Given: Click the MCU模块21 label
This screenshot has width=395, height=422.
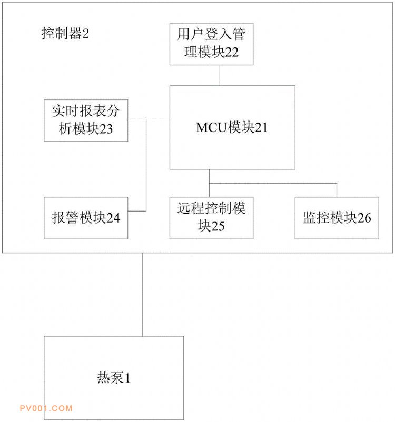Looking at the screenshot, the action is coord(232,127).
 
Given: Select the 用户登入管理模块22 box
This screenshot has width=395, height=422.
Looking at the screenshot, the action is coord(211,44).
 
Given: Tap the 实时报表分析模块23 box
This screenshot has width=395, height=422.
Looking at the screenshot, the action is coord(86,120).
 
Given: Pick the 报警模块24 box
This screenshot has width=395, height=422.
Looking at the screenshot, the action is coord(86,218).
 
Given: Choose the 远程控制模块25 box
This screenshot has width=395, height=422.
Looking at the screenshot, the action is coord(211,218).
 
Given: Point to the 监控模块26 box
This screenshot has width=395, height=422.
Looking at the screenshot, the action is coord(337,218).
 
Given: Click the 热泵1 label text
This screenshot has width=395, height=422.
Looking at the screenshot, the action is coord(114,377).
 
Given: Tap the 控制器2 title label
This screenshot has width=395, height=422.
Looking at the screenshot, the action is coord(65,34).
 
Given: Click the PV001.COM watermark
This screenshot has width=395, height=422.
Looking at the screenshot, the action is coord(46,408).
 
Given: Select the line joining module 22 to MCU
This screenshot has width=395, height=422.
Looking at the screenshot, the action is coord(220,75).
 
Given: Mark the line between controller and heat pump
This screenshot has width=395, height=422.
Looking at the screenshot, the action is coord(142,295).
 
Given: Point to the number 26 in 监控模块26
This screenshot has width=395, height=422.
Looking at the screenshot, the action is coord(364,218).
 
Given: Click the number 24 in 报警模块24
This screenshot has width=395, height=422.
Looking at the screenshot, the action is coord(113,218).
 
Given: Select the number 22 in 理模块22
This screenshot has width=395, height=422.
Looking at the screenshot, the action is coord(232,52).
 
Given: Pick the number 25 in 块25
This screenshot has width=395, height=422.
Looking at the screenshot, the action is coord(218,226).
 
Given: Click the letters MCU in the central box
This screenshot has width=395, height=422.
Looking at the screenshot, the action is coord(212,127).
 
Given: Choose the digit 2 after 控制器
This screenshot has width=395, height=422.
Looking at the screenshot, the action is coord(86,34).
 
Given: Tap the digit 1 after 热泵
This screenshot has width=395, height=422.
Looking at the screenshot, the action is coord(127,378).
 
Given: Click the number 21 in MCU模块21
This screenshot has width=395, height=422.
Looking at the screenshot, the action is coord(261,127).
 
